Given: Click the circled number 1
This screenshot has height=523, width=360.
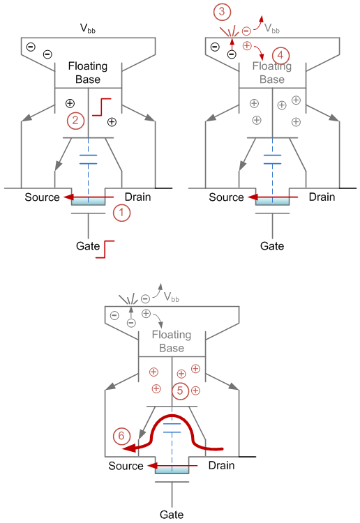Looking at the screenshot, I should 122,213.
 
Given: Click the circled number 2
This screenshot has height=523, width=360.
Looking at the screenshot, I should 76,120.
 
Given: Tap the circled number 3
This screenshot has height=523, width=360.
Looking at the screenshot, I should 221,11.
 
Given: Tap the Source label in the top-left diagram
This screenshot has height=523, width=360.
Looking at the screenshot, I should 43,197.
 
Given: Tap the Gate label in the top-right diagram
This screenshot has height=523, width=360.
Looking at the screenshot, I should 272,246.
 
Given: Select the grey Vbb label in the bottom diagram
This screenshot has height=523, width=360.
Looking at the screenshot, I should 178,296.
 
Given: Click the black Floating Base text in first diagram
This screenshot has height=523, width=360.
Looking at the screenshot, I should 88,73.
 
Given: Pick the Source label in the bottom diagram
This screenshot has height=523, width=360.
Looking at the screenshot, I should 126,465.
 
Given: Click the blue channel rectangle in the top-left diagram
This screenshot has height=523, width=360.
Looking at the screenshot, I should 88,202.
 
